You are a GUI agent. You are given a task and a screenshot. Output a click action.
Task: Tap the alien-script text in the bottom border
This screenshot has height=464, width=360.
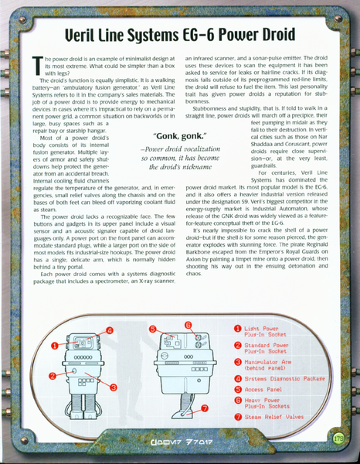182,443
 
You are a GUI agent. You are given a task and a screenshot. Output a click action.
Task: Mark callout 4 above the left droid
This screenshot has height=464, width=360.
110,330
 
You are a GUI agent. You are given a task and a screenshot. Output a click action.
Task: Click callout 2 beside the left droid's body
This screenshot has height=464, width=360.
51,377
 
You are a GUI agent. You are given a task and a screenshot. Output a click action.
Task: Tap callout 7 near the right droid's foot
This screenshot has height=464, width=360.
204,408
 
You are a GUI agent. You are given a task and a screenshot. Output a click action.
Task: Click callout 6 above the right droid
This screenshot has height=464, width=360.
188,325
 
